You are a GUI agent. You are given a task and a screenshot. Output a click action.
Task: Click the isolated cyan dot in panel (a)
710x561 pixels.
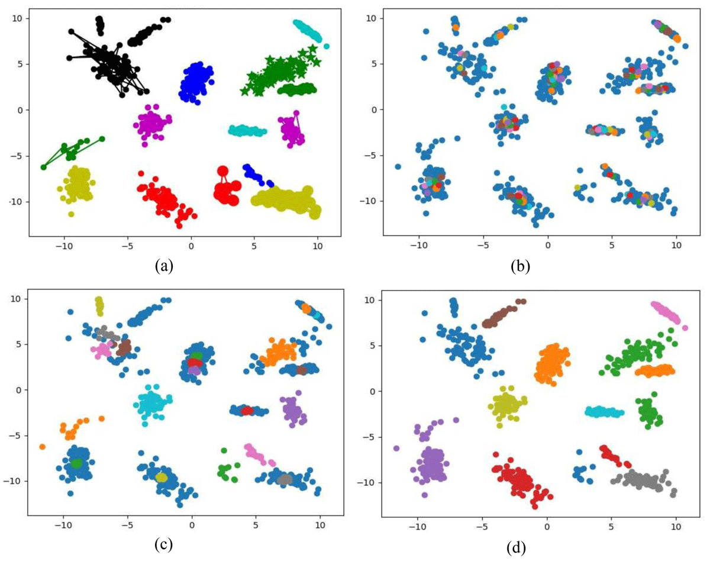[x=327, y=46]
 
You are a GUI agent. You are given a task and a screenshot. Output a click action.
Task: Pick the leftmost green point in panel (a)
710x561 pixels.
[x=43, y=167]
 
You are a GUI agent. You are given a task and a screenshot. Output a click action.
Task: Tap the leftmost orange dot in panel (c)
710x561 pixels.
[x=43, y=447]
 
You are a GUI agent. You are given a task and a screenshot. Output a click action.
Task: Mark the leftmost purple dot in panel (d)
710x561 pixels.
[x=396, y=448]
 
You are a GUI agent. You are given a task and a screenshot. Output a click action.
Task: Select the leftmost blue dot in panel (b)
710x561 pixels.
[x=398, y=166]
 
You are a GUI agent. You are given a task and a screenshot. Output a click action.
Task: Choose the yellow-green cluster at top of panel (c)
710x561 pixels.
[x=99, y=306]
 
